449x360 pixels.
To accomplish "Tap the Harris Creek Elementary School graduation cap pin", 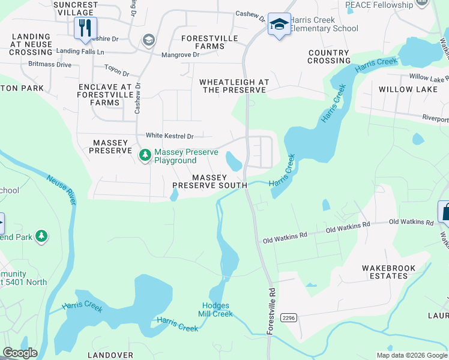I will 279,24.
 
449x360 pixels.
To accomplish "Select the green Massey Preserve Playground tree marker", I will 145,155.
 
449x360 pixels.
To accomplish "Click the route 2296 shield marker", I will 289,317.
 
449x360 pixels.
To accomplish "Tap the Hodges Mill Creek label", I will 215,310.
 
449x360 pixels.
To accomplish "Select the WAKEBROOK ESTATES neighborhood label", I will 385,272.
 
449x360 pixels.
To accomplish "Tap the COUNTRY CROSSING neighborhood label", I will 329,56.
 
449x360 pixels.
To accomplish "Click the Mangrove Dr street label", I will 180,55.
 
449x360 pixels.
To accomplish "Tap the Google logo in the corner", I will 20,353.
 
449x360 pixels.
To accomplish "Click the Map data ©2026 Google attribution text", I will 411,355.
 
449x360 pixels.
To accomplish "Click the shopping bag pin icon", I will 445,212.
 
